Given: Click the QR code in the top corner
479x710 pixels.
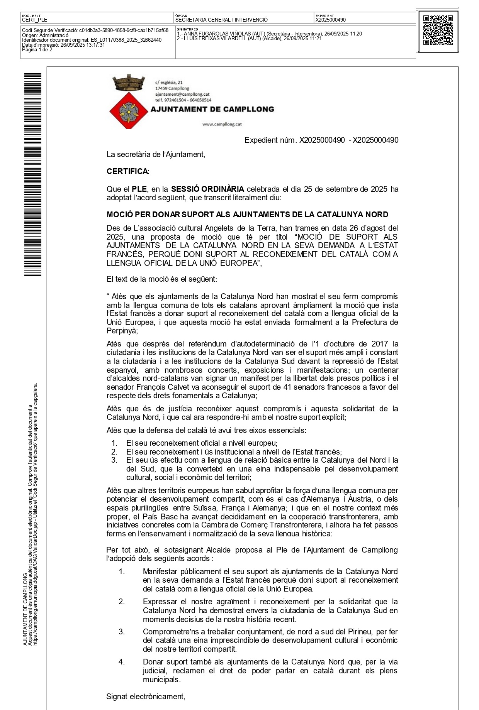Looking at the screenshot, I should (x=438, y=31).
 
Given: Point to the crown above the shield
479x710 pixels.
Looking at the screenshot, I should (x=128, y=82).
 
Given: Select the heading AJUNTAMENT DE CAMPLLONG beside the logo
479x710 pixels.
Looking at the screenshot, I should (x=212, y=109).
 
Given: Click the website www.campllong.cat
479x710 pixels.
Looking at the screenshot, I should (x=222, y=124).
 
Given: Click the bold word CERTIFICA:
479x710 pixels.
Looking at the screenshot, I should (x=128, y=171).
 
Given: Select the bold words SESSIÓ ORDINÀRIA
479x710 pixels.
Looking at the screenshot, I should (x=207, y=189).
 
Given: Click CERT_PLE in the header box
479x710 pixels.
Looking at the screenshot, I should (x=35, y=20).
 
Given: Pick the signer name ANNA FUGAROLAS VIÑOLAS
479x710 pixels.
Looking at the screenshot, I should (x=221, y=34).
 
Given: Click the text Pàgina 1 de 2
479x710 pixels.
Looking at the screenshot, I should (x=37, y=50).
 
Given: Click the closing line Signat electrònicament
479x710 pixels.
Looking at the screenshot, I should (x=146, y=696).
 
